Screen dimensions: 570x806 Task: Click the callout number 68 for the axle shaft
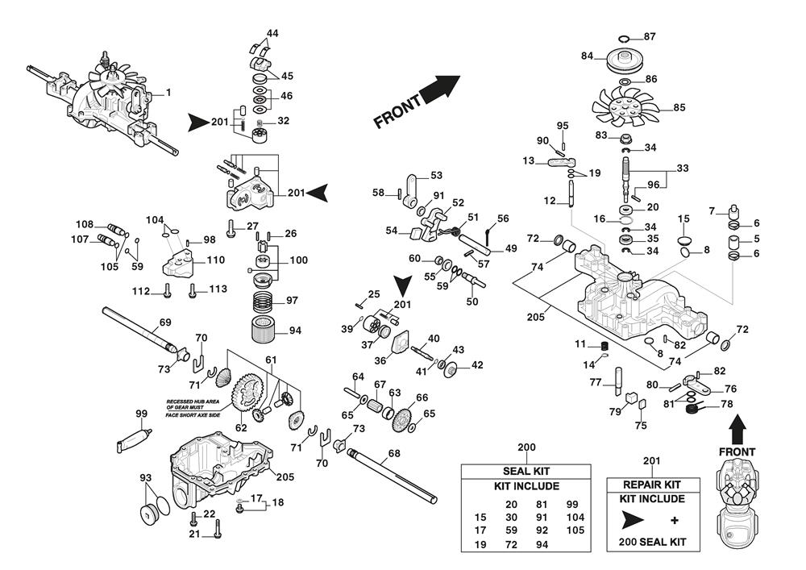393,453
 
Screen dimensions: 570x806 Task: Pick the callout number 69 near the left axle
164,322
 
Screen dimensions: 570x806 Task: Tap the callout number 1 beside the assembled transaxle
168,93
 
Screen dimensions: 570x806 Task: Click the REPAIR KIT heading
652,485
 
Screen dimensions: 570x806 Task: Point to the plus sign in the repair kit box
674,518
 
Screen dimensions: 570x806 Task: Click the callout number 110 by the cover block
215,260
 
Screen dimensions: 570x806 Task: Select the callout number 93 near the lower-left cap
145,478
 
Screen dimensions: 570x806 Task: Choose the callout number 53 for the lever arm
436,175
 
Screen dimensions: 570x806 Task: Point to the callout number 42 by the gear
477,365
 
